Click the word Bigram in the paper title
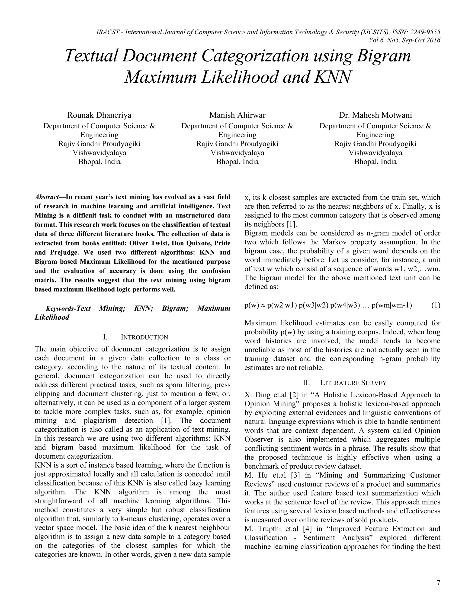click(383, 56)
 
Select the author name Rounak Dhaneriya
click(99, 115)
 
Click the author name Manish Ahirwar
click(237, 115)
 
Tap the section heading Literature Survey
click(353, 383)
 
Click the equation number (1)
click(436, 306)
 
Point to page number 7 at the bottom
click(438, 583)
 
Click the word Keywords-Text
click(68, 309)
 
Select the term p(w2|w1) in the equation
click(282, 306)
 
